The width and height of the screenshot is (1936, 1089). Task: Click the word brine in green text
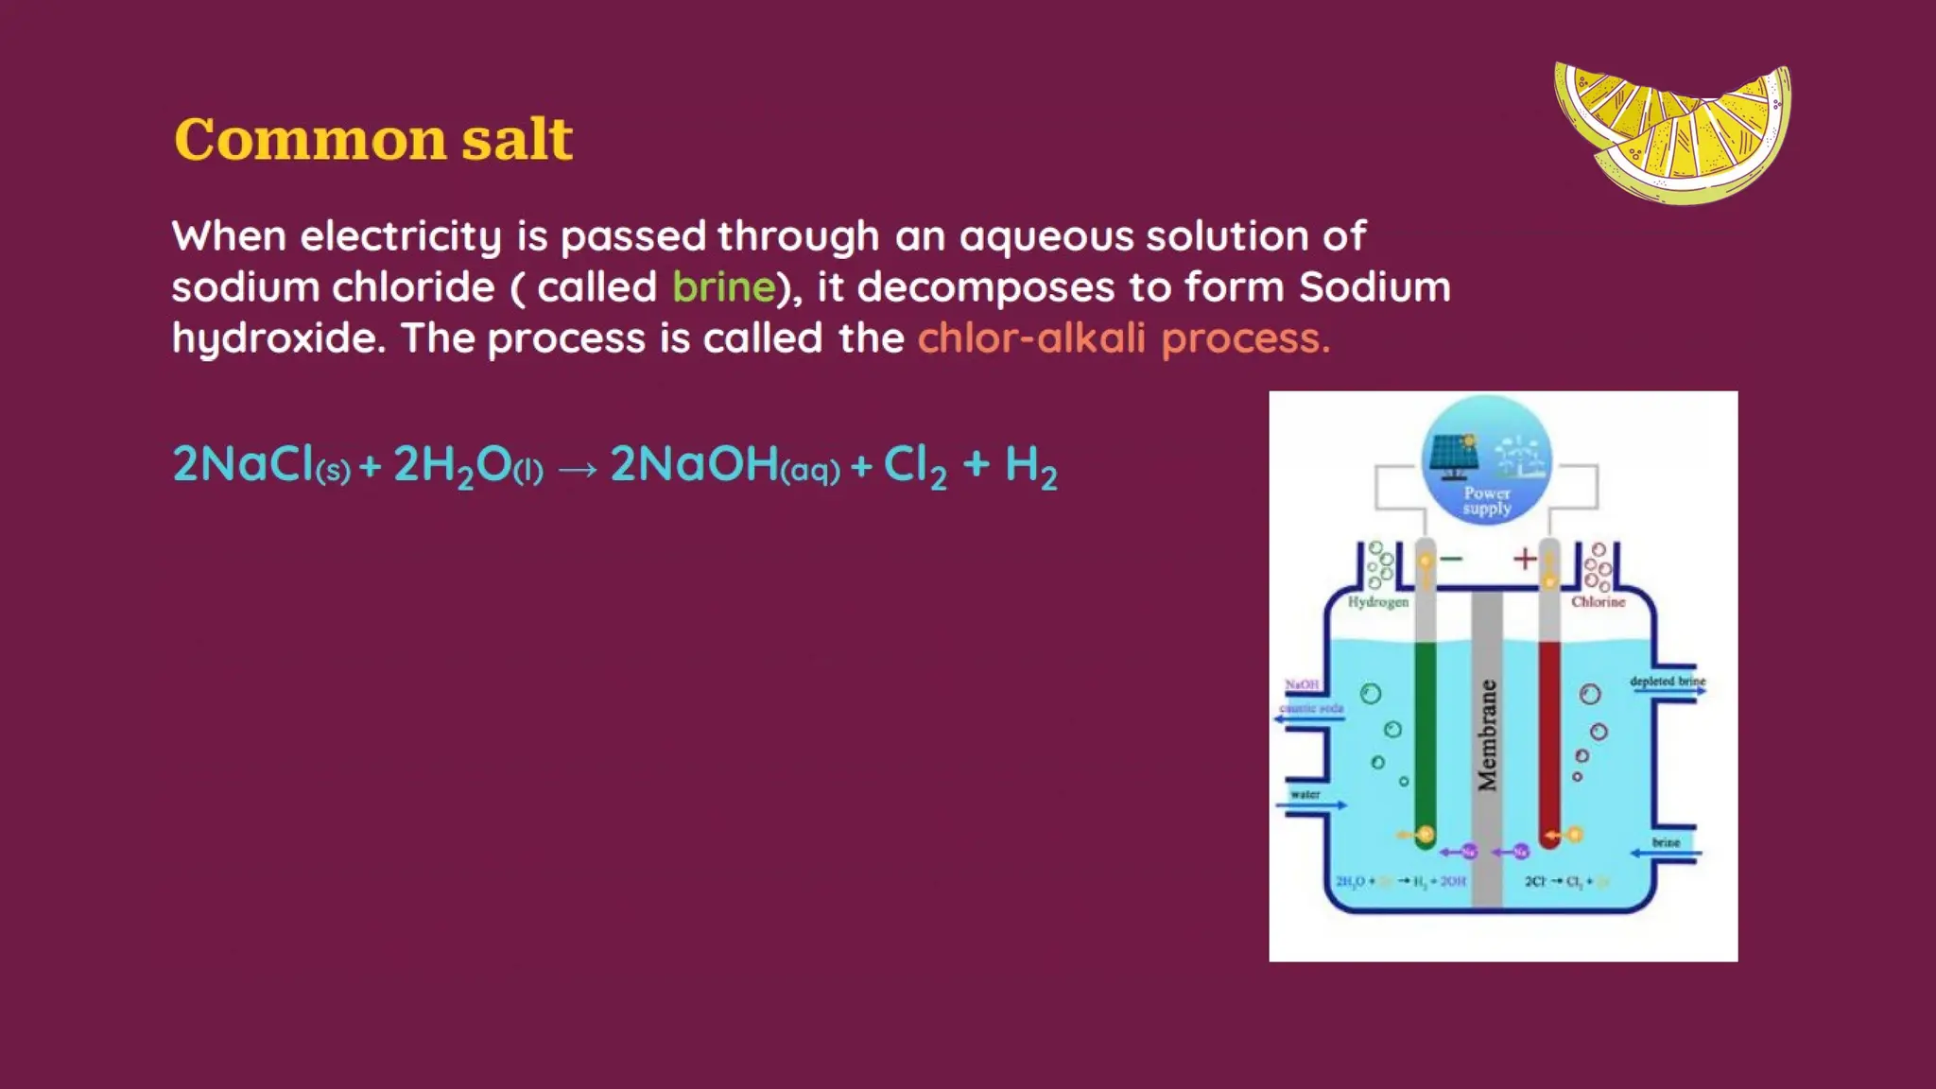723,286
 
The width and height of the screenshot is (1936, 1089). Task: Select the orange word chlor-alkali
1031,337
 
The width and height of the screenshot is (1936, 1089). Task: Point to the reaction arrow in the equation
578,468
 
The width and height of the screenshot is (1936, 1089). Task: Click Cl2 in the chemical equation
914,465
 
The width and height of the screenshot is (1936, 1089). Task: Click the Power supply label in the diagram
1487,500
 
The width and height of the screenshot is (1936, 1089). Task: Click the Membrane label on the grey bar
1487,735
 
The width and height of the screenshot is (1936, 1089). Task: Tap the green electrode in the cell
1425,737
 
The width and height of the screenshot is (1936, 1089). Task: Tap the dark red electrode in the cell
1549,737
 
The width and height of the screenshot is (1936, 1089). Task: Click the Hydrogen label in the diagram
1377,601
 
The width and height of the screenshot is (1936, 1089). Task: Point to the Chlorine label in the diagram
1598,601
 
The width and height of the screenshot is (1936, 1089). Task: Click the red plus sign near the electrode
1524,559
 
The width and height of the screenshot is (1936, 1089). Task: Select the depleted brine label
1668,681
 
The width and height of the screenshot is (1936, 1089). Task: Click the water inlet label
1305,794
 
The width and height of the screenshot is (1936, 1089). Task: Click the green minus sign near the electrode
1451,559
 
